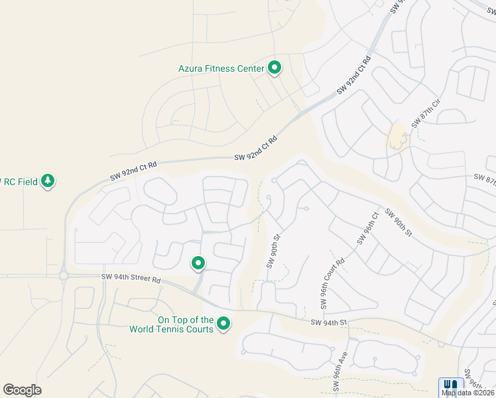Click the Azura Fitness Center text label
coord(221,68)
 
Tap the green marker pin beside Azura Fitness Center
coord(275,68)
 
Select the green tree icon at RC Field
coord(47,180)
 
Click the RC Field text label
coord(19,181)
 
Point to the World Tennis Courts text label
coord(185,324)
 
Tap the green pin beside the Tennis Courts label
coord(224,324)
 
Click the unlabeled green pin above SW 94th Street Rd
coord(198,263)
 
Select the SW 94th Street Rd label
coord(131,279)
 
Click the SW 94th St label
coord(329,322)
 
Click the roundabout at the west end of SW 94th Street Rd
coord(64,275)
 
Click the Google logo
coord(22,390)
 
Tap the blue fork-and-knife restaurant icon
coord(451,385)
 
